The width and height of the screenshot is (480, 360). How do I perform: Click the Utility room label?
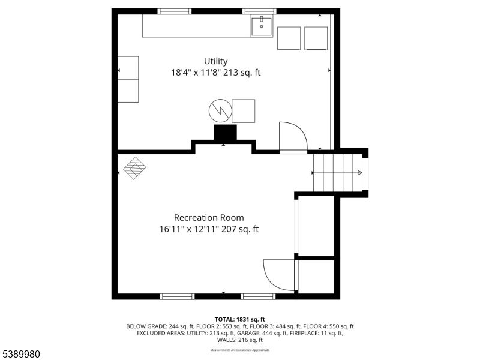(x=215, y=61)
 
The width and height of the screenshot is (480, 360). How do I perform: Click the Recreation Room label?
(x=209, y=218)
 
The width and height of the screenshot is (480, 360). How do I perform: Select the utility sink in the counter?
(x=261, y=26)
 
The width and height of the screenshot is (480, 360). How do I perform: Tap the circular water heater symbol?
(x=220, y=110)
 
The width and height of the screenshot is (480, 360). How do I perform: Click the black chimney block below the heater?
(x=225, y=132)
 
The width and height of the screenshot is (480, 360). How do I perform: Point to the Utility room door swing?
(x=292, y=137)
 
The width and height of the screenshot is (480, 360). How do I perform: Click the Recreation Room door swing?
(x=278, y=275)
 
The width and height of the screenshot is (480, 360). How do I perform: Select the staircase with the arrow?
(x=337, y=173)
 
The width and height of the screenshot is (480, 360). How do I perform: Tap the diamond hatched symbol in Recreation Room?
(x=135, y=168)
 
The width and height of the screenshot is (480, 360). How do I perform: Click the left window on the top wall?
(x=175, y=11)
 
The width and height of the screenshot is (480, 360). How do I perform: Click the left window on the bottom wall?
(x=177, y=296)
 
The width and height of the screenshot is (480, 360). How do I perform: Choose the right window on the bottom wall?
(x=259, y=296)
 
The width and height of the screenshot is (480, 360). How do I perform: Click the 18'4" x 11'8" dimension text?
(x=215, y=73)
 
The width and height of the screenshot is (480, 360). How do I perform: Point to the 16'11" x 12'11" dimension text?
(x=209, y=229)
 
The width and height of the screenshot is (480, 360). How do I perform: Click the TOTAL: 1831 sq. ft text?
(x=239, y=319)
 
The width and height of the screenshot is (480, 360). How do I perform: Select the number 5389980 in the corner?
(x=20, y=354)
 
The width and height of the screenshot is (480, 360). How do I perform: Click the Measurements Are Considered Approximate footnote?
(x=239, y=350)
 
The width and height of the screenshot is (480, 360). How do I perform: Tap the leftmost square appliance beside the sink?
(x=289, y=38)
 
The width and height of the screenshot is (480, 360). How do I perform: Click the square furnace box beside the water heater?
(x=243, y=111)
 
